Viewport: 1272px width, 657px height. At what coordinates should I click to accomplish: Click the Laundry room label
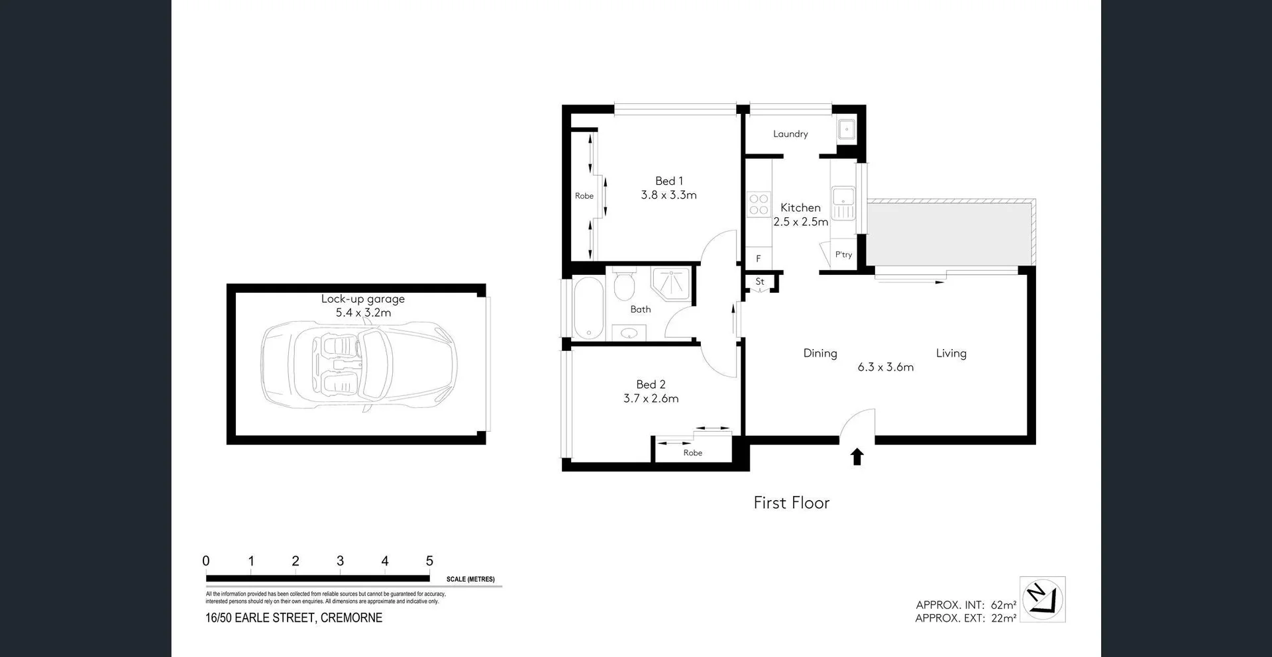(790, 134)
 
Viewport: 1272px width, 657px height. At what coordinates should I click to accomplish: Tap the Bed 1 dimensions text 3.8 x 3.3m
(668, 195)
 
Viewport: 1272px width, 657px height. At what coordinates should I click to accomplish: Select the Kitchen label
(800, 207)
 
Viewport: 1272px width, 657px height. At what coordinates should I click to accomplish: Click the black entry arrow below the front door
(857, 456)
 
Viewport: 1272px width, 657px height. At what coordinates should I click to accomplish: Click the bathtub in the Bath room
(587, 308)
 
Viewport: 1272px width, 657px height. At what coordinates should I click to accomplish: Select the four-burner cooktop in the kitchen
(759, 205)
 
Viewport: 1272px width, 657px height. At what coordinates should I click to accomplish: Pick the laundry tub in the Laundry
(846, 129)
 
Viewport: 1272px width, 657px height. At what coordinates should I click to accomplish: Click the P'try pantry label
(843, 255)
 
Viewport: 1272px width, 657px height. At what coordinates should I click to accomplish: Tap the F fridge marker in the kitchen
(759, 259)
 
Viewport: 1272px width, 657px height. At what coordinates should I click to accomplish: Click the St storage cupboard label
(760, 281)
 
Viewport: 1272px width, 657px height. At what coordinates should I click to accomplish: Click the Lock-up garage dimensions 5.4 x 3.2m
(363, 313)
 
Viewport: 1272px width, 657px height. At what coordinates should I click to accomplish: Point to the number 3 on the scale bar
(340, 561)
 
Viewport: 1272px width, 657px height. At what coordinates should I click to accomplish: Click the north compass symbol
(1042, 599)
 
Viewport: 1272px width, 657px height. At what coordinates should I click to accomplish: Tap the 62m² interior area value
(1003, 605)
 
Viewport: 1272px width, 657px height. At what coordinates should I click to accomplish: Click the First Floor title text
(791, 503)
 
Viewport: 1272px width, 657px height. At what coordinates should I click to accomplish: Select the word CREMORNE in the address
(351, 618)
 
